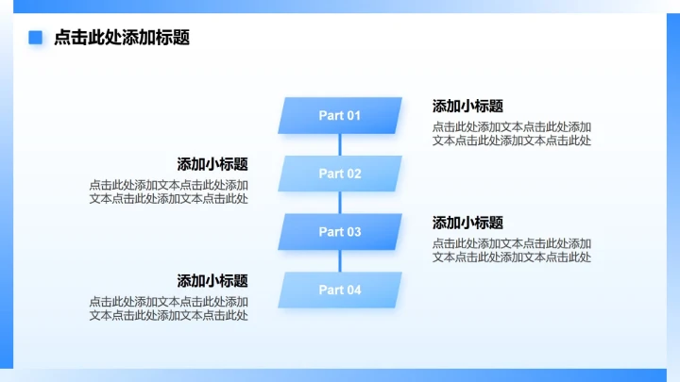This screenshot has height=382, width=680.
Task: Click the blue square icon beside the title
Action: (36, 38)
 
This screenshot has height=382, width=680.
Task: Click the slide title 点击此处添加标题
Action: (122, 38)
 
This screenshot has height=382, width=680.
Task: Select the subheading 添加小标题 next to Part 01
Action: (467, 107)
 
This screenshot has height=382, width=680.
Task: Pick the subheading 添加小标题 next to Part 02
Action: (212, 164)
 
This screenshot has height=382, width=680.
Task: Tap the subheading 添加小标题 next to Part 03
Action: (467, 223)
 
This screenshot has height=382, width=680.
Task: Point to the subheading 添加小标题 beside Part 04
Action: (212, 281)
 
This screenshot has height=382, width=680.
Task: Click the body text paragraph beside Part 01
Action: (512, 134)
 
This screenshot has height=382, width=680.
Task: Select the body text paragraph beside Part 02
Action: (169, 191)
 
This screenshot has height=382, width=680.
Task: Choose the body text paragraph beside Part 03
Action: (512, 250)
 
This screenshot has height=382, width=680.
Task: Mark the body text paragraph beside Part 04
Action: (169, 308)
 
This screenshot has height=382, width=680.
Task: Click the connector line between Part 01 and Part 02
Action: (340, 144)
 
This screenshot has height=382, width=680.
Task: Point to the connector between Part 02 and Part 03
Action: (340, 203)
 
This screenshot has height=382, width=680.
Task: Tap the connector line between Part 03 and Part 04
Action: (340, 261)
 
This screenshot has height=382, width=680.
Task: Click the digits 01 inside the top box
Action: (353, 116)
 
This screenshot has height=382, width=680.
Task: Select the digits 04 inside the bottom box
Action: (353, 290)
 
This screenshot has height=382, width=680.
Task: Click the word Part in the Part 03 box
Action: (331, 232)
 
